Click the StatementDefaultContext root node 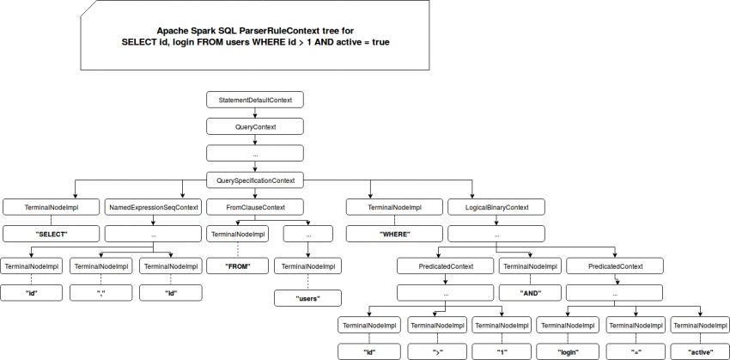click(x=255, y=100)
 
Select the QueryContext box click(x=255, y=126)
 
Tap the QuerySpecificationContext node click(x=255, y=180)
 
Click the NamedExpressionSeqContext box click(x=153, y=207)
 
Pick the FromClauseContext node click(x=255, y=207)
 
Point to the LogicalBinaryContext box click(x=496, y=207)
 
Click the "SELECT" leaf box click(x=51, y=234)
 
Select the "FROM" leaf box click(x=236, y=266)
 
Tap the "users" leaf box click(x=307, y=299)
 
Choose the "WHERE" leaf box click(x=394, y=234)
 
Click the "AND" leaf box click(x=529, y=292)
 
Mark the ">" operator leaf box click(x=436, y=351)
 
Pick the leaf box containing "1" click(x=502, y=351)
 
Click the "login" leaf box click(x=566, y=351)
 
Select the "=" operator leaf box click(x=636, y=351)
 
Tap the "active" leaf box click(x=701, y=351)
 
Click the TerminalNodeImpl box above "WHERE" click(x=394, y=207)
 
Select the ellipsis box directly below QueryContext click(x=255, y=153)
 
